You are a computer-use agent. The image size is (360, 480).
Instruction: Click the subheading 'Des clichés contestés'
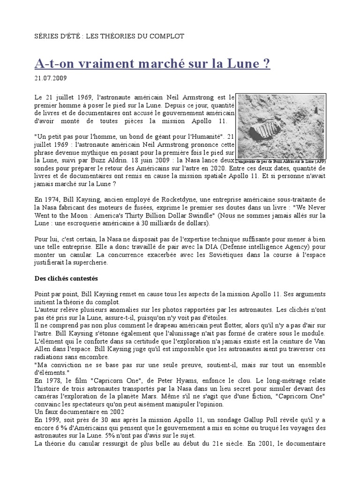pos(66,278)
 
